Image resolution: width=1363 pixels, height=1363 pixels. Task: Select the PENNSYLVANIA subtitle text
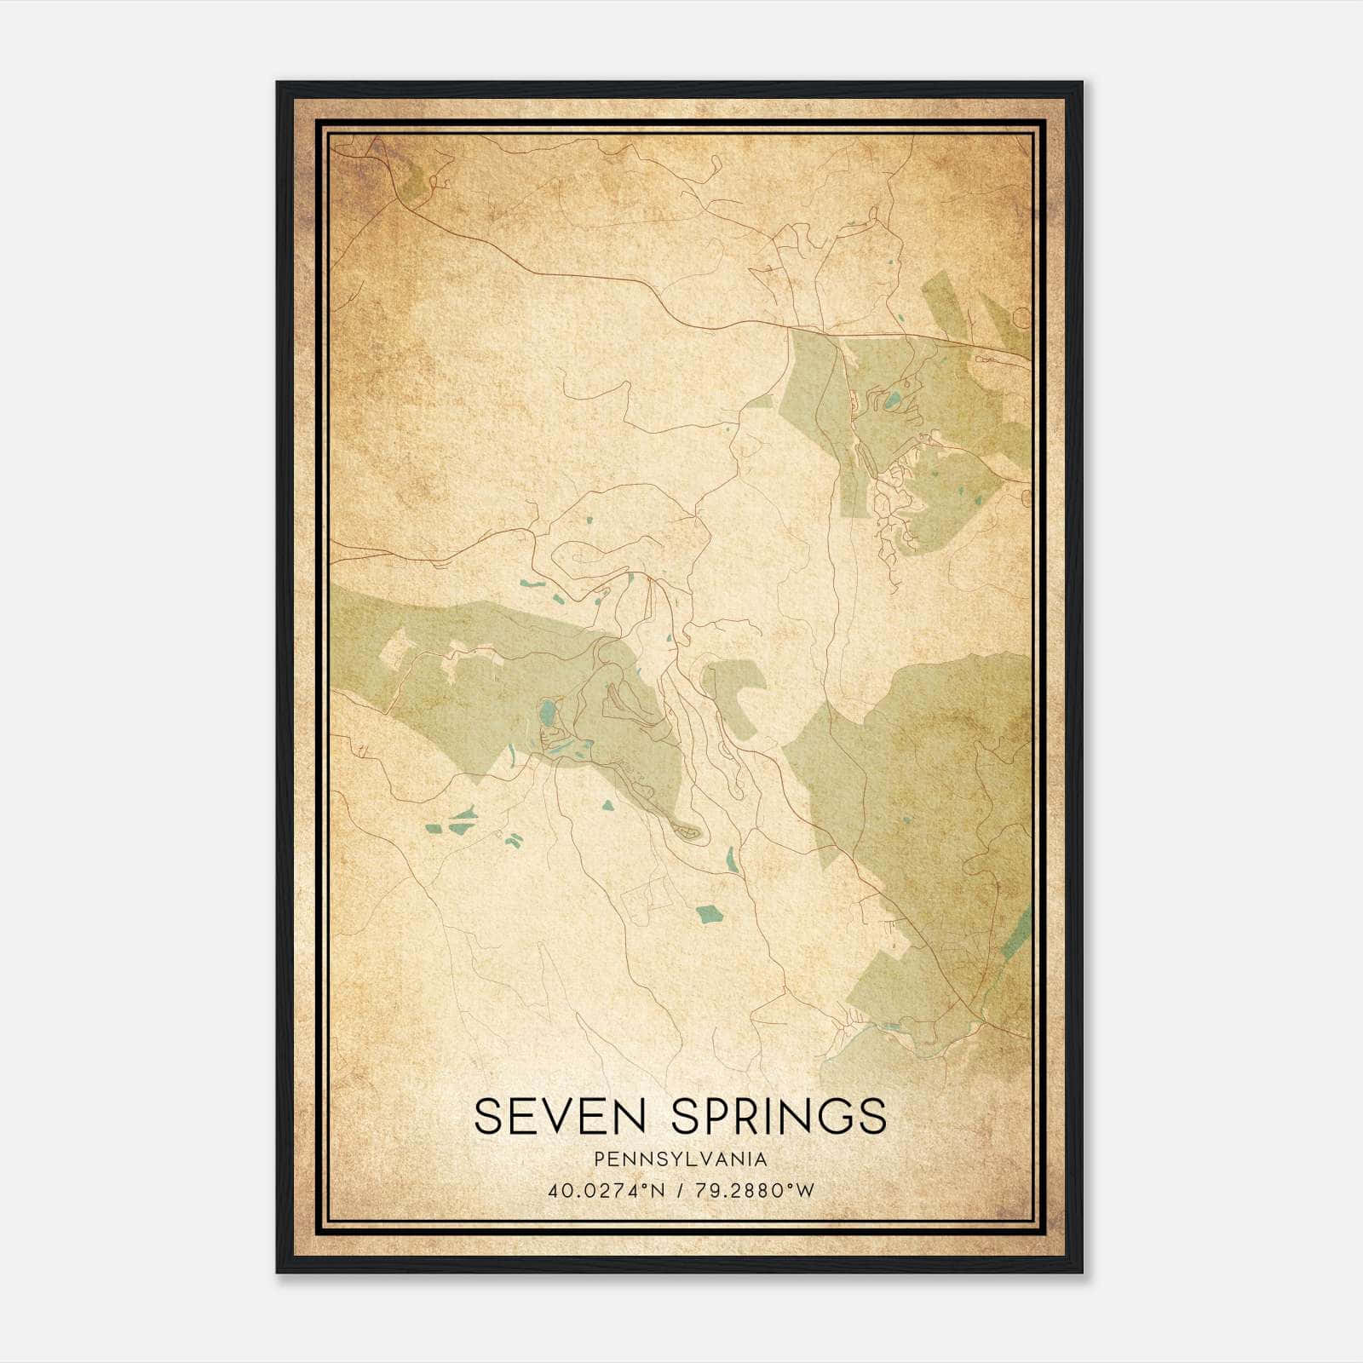[x=681, y=1159]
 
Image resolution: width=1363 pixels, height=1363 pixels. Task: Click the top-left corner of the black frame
[x=278, y=83]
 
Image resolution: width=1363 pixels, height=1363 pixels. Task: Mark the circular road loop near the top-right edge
[x=1021, y=319]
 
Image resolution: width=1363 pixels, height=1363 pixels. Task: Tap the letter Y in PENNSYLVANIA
[x=664, y=1159]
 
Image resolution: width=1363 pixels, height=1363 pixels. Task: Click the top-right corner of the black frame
[x=1082, y=83]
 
